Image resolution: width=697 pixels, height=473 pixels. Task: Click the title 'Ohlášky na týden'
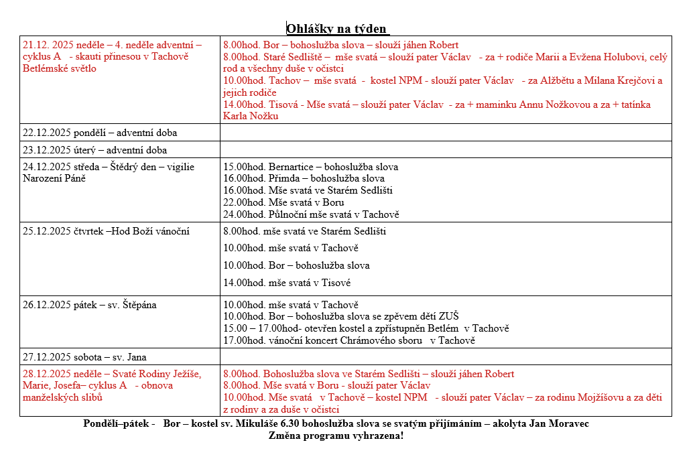(337, 28)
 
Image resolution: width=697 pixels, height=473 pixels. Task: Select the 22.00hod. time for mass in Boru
(244, 203)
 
